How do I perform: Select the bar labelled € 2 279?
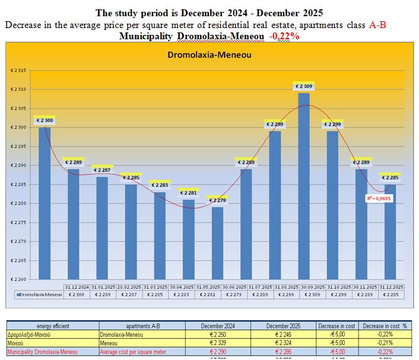pos(217,243)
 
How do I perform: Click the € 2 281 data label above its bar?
pos(188,192)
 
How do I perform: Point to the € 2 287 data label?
pos(102,169)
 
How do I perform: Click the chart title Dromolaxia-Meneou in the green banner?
pos(209,55)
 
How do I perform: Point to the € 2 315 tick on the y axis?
pos(18,70)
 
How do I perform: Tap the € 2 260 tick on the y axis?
pos(18,279)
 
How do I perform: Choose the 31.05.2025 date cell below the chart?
pos(188,287)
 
